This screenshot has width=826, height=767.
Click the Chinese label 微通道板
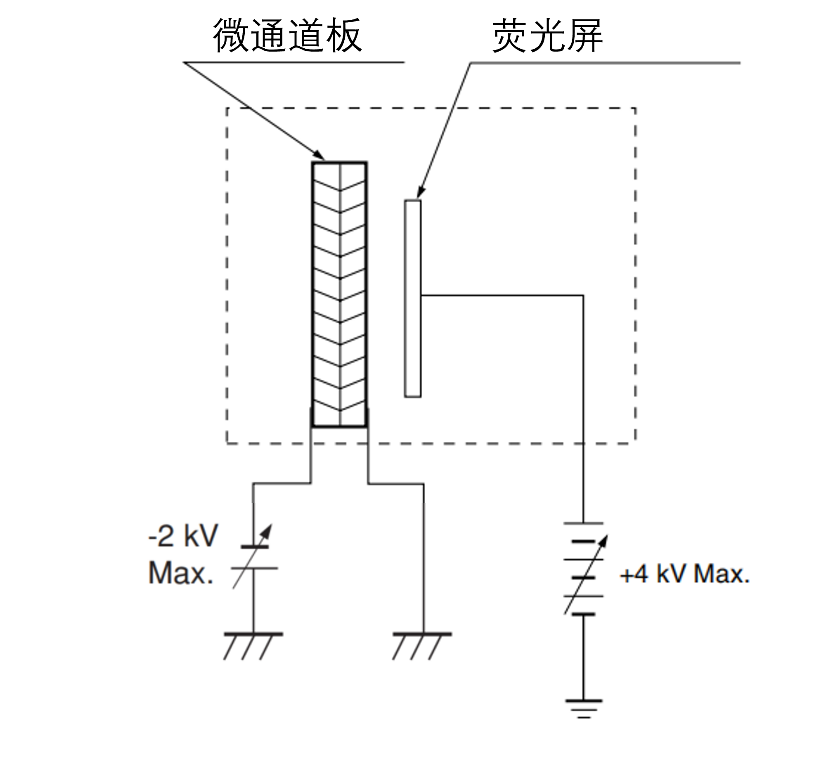[288, 36]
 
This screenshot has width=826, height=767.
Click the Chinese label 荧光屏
[547, 37]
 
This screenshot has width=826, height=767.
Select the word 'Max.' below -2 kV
[180, 573]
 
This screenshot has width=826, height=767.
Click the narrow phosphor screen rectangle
[412, 298]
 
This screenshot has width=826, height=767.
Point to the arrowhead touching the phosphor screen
[419, 195]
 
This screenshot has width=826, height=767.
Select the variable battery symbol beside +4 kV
[584, 569]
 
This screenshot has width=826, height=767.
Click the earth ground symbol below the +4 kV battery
[584, 708]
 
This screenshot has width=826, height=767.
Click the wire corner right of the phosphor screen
[583, 296]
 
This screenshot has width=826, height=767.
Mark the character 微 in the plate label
[232, 36]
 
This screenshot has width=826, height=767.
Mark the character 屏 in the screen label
[585, 37]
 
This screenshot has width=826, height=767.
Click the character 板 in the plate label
[344, 36]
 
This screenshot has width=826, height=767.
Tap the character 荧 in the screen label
[510, 37]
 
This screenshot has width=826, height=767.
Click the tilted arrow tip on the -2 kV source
[271, 526]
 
